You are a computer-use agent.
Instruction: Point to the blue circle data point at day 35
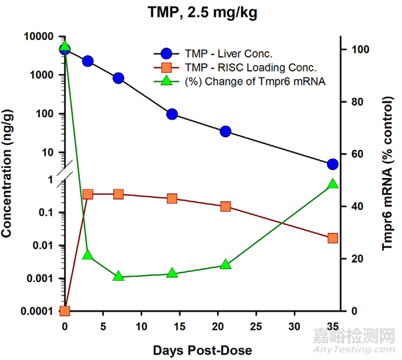[332, 164]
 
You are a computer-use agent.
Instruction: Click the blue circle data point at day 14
[172, 114]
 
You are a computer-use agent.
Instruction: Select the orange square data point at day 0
[65, 311]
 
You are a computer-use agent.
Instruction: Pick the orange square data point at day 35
[332, 238]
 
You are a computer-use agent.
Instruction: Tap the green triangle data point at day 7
[118, 276]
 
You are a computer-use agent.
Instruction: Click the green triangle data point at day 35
[332, 184]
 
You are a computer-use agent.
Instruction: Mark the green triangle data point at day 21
[225, 264]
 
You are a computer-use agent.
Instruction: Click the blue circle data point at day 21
[225, 131]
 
